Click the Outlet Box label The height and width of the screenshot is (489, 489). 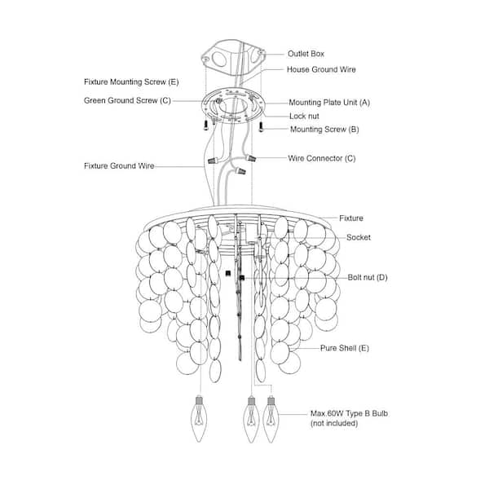tap(306, 54)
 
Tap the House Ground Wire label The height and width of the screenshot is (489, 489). tap(321, 69)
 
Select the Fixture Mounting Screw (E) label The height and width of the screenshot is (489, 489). tap(131, 82)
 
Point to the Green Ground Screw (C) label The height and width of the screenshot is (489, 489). tap(127, 101)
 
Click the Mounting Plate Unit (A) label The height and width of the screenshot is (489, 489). tap(329, 103)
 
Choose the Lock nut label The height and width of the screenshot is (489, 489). tap(304, 116)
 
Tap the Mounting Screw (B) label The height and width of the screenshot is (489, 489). tap(324, 130)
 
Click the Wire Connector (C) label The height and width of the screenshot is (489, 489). tap(322, 158)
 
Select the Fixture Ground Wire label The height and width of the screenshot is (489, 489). tap(119, 166)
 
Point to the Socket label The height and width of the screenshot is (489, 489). tap(359, 237)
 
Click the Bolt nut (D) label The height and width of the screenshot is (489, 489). tap(368, 277)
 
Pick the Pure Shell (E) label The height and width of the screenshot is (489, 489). tap(345, 348)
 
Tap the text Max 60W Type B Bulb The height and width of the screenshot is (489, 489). tap(349, 413)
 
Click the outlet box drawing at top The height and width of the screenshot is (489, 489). tap(233, 58)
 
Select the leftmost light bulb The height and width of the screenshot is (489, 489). tap(199, 419)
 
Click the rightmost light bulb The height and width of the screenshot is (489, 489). tap(271, 419)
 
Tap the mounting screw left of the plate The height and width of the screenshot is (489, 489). tap(206, 126)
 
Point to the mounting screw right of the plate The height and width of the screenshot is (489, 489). tap(261, 126)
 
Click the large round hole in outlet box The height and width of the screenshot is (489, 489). tap(220, 59)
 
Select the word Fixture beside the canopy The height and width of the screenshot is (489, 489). tap(351, 218)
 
